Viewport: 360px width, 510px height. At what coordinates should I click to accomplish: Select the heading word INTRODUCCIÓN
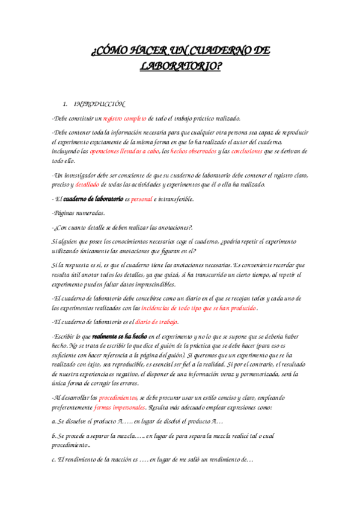tap(99, 104)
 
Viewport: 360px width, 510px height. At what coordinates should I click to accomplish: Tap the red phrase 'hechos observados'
tap(194, 152)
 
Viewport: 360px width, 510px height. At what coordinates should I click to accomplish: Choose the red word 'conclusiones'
tap(246, 152)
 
